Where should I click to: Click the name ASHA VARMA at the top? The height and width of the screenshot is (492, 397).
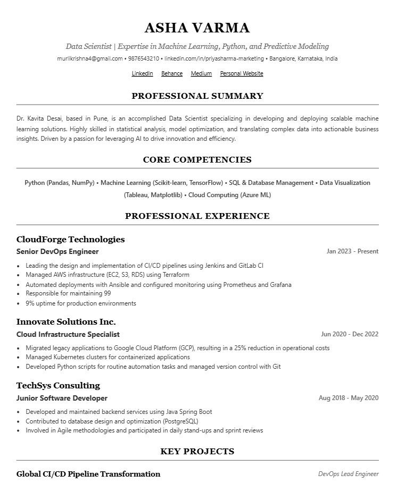197,28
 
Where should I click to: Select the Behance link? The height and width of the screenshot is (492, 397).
172,74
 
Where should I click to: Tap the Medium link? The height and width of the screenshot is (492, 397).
201,74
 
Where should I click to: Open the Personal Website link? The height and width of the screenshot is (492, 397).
242,74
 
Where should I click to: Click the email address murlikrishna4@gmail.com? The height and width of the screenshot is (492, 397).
90,58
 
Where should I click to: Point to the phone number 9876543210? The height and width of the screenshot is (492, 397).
144,58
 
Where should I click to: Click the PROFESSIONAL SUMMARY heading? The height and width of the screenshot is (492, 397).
197,96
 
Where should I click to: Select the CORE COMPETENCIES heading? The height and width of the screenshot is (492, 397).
197,160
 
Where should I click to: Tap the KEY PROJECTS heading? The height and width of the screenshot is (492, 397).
197,452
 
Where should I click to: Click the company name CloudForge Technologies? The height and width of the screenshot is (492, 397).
70,240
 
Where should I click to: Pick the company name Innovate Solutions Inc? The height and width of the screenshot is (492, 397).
66,322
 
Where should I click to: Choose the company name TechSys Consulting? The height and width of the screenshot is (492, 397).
58,386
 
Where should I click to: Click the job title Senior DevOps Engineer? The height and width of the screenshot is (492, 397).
57,252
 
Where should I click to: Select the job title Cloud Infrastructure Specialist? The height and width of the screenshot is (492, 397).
68,335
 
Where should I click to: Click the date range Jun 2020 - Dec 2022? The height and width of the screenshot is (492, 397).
350,335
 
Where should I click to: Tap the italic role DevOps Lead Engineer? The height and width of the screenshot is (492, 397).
348,474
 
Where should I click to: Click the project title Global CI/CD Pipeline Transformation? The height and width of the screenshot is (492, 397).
88,474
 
